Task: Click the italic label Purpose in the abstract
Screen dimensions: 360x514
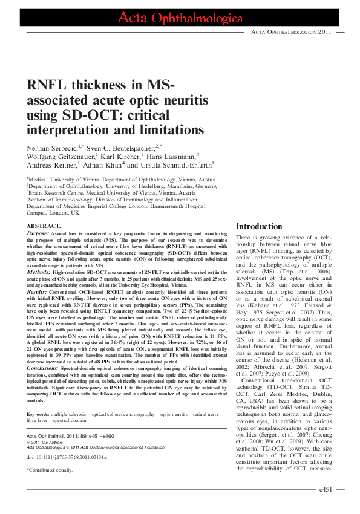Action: point(38,232)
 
